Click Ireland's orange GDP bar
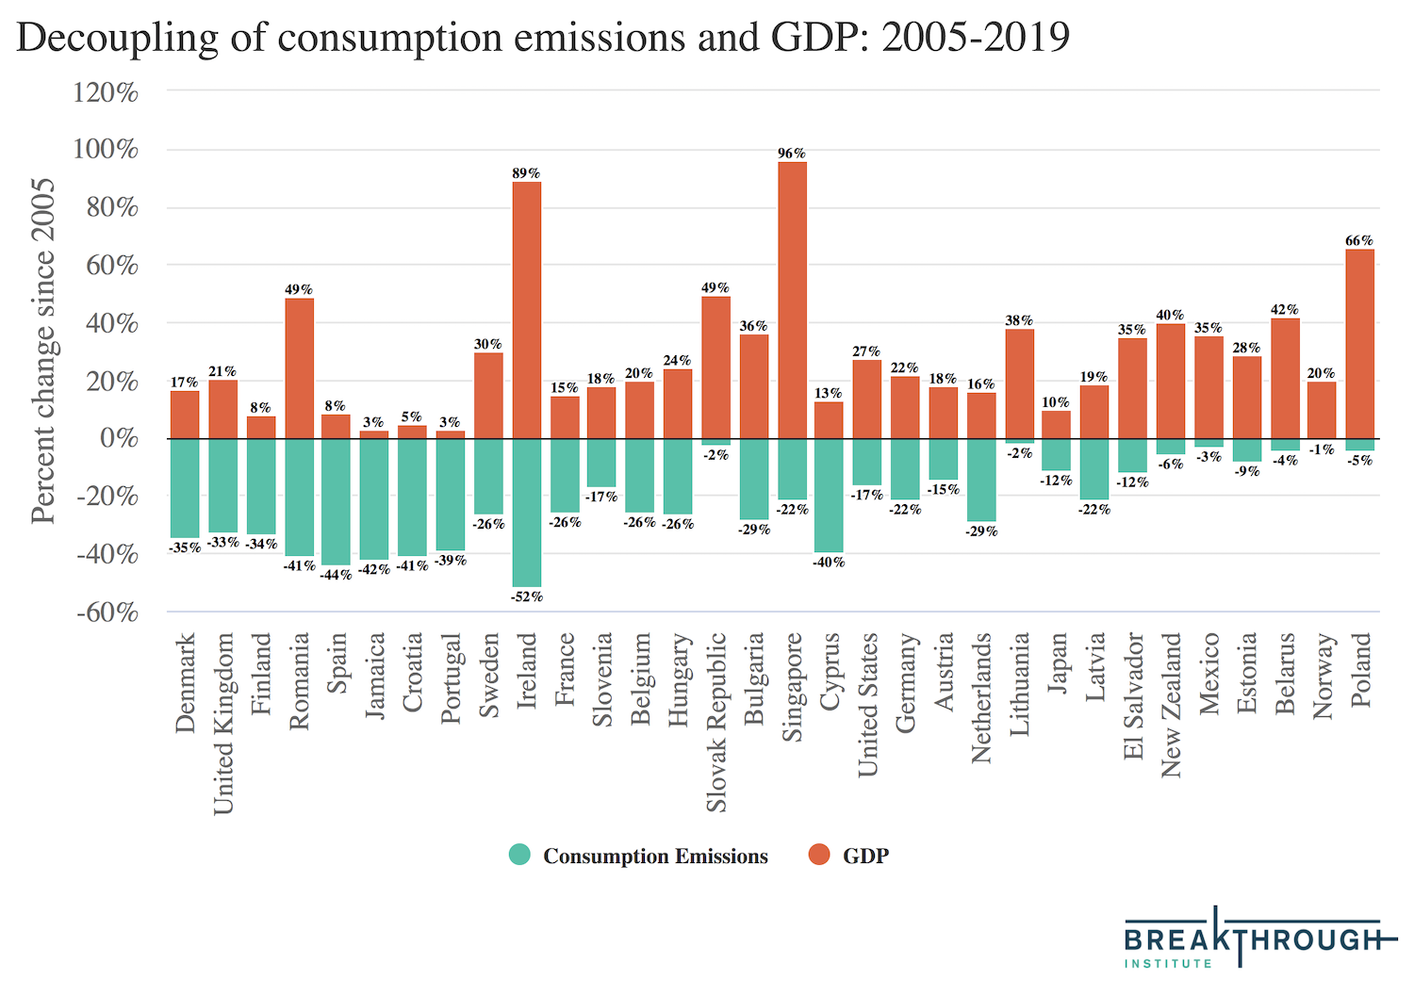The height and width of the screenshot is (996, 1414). [x=527, y=310]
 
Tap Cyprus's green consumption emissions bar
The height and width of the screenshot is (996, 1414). [x=829, y=496]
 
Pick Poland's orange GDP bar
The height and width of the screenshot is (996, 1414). [x=1359, y=344]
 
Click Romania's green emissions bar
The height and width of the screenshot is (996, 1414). [x=299, y=498]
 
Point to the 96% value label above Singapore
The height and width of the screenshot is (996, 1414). [x=792, y=154]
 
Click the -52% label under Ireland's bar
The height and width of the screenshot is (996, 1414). [x=527, y=596]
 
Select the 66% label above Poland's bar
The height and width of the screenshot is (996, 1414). [x=1359, y=241]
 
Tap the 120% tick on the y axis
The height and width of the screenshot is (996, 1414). [x=106, y=92]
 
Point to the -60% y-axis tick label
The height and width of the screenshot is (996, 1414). [x=106, y=613]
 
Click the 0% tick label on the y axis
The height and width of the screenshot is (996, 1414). [x=118, y=439]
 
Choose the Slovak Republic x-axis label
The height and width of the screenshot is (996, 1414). [x=716, y=722]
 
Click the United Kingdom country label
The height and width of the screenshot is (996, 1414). [x=222, y=724]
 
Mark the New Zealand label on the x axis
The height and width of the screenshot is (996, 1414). [x=1171, y=705]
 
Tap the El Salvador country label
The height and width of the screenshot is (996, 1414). [x=1133, y=695]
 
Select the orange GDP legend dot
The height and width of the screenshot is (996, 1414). [x=819, y=856]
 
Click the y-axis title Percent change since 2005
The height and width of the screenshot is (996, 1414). [x=43, y=351]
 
